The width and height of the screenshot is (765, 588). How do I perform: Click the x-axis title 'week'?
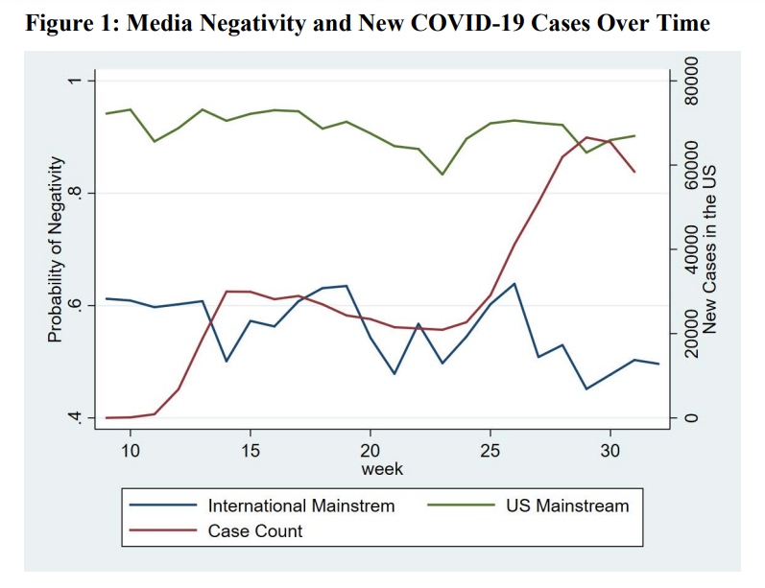click(382, 469)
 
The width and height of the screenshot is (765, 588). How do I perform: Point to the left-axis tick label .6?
click(72, 306)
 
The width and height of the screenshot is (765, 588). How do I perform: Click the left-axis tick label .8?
click(72, 193)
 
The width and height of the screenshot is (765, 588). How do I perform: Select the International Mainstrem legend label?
click(301, 506)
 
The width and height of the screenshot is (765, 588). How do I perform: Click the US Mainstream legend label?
click(567, 506)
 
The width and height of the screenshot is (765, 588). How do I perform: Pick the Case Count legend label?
click(255, 530)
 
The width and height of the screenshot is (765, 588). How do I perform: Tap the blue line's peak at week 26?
click(514, 284)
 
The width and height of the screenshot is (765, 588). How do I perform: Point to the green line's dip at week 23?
click(442, 174)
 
